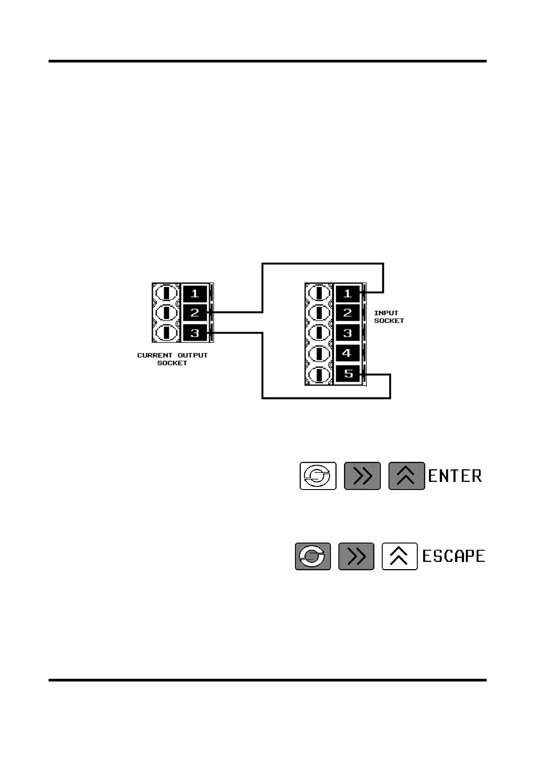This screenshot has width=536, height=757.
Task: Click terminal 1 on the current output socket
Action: tap(195, 294)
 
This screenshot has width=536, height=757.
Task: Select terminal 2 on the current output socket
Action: tap(195, 313)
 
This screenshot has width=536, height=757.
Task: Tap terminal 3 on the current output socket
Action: tap(195, 333)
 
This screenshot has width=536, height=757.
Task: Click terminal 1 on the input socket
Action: tap(347, 294)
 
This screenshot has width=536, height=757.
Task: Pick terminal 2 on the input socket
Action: tap(347, 313)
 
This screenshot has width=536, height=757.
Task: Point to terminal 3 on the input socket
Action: tap(347, 333)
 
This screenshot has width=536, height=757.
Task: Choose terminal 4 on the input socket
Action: tap(347, 353)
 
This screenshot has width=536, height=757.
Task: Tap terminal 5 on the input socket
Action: tap(347, 374)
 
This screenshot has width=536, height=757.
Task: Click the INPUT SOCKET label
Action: tap(389, 317)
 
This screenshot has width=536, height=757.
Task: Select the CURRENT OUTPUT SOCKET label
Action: tap(172, 359)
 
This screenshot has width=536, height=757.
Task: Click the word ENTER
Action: tap(455, 476)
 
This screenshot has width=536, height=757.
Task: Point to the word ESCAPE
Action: tap(453, 557)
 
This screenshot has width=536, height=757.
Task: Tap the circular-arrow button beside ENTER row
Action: tap(318, 476)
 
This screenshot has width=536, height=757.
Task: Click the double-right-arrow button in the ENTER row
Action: tap(362, 476)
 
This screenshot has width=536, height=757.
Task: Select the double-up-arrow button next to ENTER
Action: tap(406, 476)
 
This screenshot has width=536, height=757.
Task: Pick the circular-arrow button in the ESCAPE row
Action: tap(313, 557)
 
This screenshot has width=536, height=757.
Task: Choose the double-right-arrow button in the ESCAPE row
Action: tap(356, 557)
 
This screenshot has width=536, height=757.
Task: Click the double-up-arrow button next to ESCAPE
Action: tap(399, 557)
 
